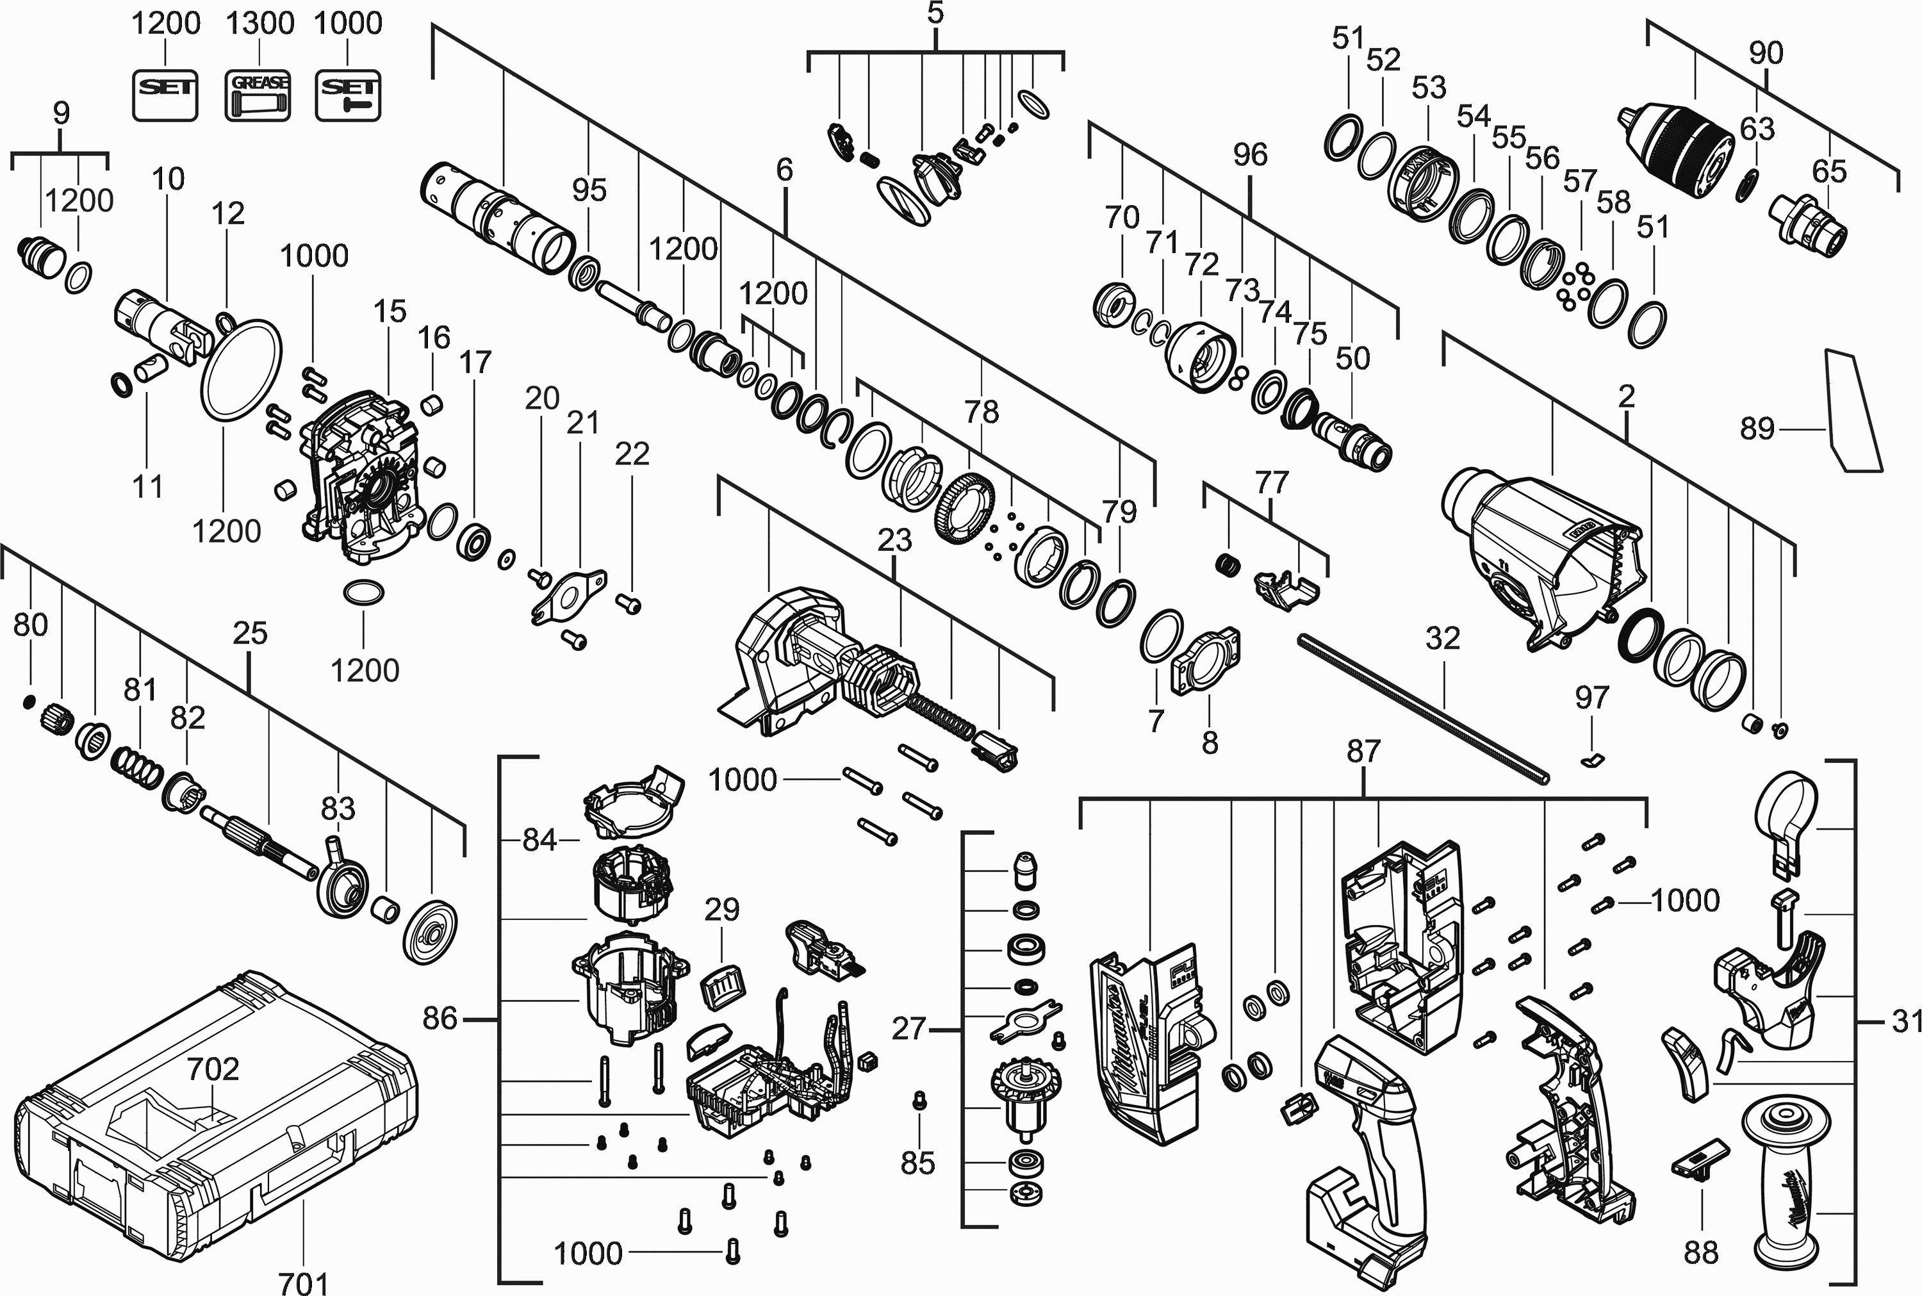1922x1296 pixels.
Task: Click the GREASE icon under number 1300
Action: (x=258, y=95)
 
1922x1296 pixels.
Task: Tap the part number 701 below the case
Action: (x=303, y=1281)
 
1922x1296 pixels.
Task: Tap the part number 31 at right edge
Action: (x=1906, y=1022)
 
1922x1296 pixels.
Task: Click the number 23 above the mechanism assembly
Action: (x=894, y=539)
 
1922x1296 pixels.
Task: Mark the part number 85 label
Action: (x=917, y=1163)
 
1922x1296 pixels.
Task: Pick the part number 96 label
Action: (x=1249, y=154)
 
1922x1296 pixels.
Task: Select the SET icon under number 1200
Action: (x=165, y=95)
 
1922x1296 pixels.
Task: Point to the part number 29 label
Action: (x=721, y=909)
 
